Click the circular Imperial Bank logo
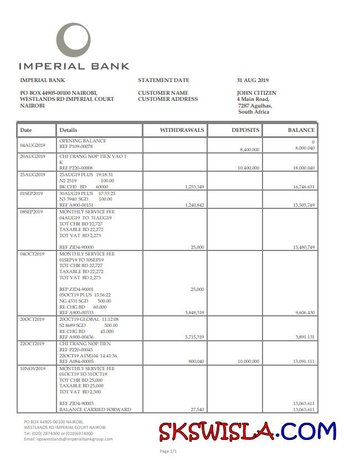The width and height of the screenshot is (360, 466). click(74, 40)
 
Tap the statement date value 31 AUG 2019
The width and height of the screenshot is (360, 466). click(252, 80)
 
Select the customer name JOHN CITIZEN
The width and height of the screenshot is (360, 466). click(256, 93)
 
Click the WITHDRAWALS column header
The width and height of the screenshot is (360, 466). click(182, 130)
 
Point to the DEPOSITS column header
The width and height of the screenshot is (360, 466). click(245, 130)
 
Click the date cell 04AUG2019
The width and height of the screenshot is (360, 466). click(33, 145)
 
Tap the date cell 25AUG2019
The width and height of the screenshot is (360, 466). click(33, 175)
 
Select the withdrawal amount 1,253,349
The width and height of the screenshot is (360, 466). click(193, 187)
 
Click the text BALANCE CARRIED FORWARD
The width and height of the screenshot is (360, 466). click(95, 409)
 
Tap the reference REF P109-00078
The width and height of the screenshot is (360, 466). click(76, 147)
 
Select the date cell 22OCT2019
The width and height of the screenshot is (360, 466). click(33, 344)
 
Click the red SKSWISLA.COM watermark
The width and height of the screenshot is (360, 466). click(247, 431)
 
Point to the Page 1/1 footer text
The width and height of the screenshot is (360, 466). click(168, 451)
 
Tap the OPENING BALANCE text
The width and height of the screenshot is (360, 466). click(83, 141)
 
